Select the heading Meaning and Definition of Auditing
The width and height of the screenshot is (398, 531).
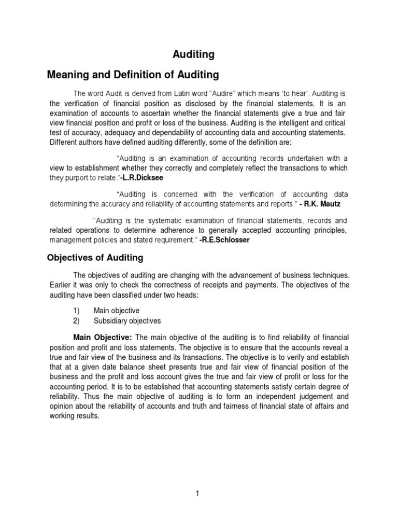coord(133,75)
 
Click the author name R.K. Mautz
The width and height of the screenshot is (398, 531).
coord(326,204)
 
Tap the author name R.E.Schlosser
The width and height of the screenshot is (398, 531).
coord(227,240)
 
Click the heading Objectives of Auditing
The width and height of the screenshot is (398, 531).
coord(95,258)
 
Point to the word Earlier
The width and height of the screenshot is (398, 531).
coord(62,285)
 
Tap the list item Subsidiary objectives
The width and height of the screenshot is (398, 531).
coord(127,320)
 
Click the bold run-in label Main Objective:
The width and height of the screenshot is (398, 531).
coord(103,338)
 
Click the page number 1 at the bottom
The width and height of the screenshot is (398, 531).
coord(197,493)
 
